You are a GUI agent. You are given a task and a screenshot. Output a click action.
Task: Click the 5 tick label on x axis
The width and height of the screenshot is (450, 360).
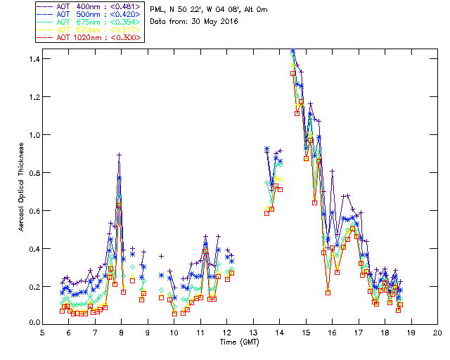pos(42,333)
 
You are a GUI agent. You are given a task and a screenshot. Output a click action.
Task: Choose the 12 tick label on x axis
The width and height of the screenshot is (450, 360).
pos(226,333)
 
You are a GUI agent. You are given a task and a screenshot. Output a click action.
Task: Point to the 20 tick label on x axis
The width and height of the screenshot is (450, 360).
pos(437,333)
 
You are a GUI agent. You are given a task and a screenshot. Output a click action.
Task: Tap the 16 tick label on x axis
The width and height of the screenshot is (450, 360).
pos(332,333)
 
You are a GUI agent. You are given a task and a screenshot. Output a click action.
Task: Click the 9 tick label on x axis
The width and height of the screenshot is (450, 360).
pos(148,333)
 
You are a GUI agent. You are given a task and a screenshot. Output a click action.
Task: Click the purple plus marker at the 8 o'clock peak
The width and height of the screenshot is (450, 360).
pos(120,155)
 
